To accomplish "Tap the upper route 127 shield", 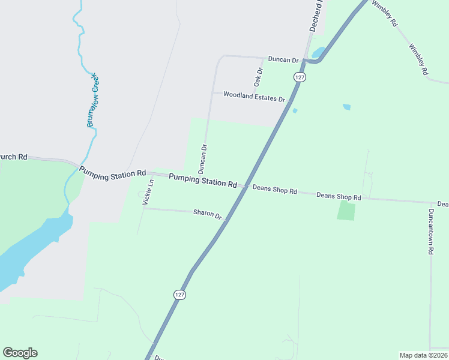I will [300, 77].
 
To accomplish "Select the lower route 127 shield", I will [180, 295].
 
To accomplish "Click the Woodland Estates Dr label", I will [253, 95].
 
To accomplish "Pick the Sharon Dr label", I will [207, 213].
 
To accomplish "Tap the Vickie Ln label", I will [148, 193].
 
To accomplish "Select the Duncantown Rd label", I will [430, 232].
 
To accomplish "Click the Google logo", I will [20, 353].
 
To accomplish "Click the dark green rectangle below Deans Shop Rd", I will [346, 211].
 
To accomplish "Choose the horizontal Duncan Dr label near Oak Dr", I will [283, 60].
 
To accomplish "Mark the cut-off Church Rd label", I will [13, 157].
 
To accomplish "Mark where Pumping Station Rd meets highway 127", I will [246, 186].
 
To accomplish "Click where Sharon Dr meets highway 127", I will [226, 220].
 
